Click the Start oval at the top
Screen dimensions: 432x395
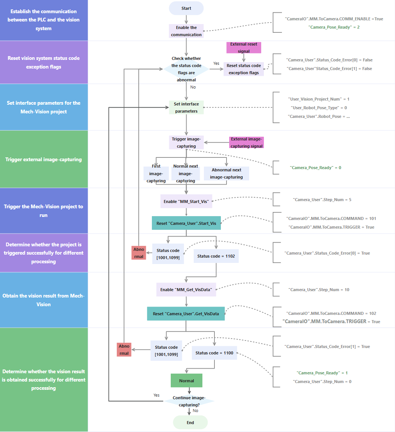186,8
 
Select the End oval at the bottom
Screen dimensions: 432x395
190,423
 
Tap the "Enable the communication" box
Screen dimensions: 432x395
186,31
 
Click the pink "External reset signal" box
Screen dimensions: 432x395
243,47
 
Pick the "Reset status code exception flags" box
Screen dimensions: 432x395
243,69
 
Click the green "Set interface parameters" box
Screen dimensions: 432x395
186,107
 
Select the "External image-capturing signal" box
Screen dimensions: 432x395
246,142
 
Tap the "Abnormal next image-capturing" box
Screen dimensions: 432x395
226,173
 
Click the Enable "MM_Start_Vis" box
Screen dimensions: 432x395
186,201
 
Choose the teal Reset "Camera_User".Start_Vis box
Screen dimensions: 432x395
186,223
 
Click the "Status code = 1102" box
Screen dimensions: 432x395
216,256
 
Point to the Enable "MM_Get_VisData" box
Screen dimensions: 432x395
186,289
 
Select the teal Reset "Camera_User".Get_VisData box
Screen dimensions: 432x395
186,313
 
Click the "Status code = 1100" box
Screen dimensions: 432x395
214,353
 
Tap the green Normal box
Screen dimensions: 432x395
187,380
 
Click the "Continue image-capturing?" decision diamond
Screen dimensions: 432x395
189,401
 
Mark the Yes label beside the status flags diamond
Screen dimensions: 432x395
216,63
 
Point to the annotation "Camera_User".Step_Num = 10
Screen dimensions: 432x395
319,290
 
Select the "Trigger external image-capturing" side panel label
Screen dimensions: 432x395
44,159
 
